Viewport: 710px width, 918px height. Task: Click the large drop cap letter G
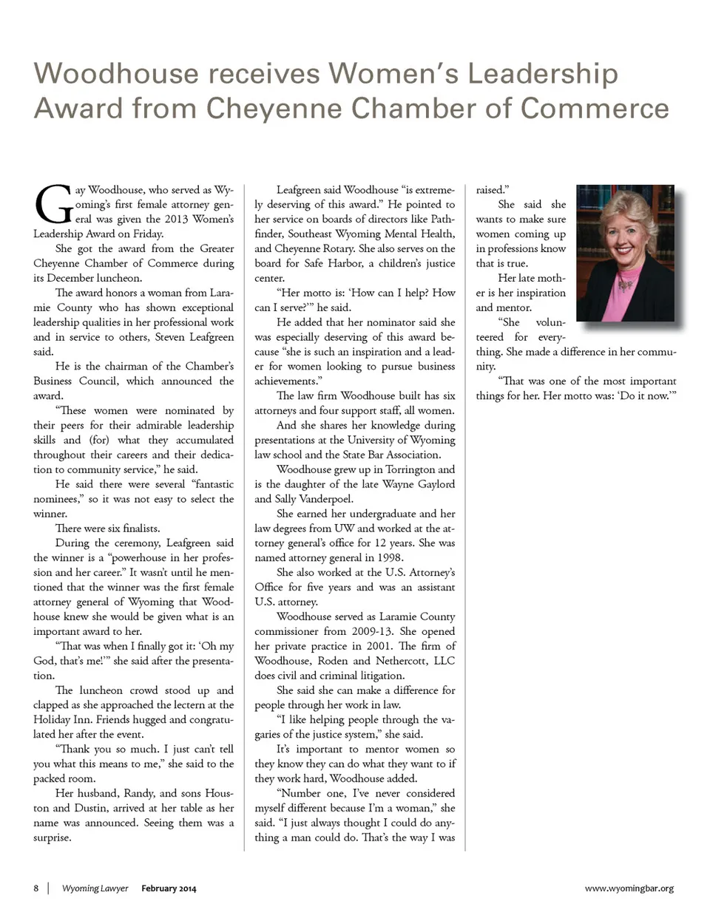(53, 205)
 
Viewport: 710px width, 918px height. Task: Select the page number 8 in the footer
(35, 888)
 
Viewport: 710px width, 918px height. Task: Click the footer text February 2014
(169, 888)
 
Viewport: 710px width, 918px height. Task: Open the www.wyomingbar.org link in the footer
(629, 888)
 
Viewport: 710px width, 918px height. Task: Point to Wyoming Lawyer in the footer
(95, 888)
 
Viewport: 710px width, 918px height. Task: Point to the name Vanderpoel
(320, 499)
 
